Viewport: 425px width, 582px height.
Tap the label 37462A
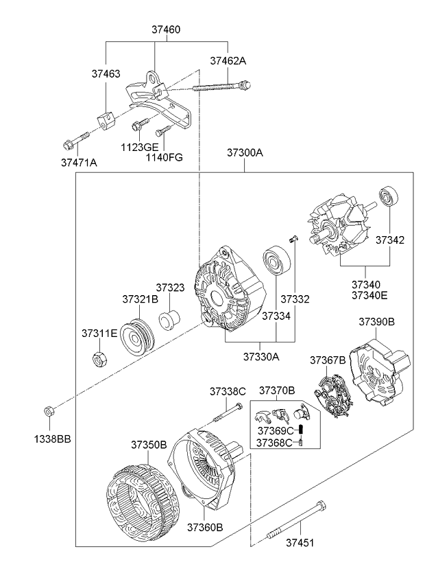(x=228, y=61)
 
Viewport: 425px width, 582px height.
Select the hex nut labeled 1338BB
(x=49, y=411)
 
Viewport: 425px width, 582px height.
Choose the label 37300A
(x=245, y=153)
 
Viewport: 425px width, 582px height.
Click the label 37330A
(x=261, y=356)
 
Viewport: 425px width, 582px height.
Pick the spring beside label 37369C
(x=307, y=430)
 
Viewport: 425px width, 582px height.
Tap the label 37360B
(x=204, y=526)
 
